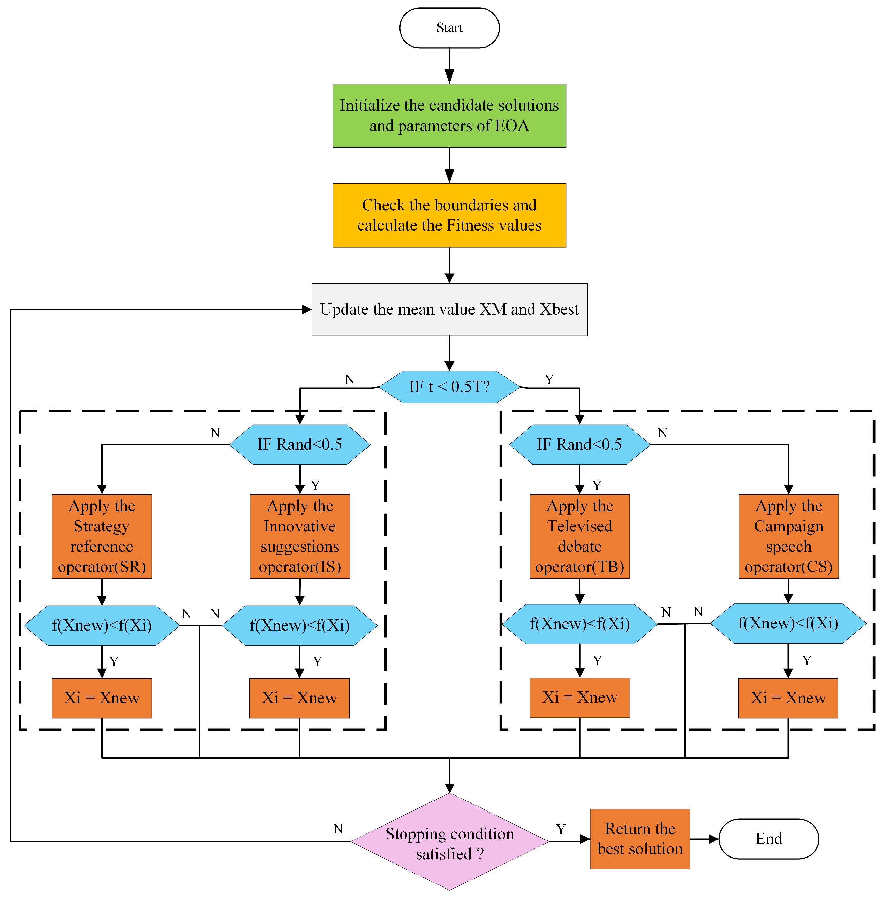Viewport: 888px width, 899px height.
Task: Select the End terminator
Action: click(x=768, y=839)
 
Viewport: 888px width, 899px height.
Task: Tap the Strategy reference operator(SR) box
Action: click(x=102, y=536)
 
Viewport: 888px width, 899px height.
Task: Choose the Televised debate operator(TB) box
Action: click(x=579, y=536)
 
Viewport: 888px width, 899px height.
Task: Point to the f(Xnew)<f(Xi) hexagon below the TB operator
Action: click(x=579, y=624)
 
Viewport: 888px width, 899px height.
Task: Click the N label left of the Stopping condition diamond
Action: click(x=338, y=828)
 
